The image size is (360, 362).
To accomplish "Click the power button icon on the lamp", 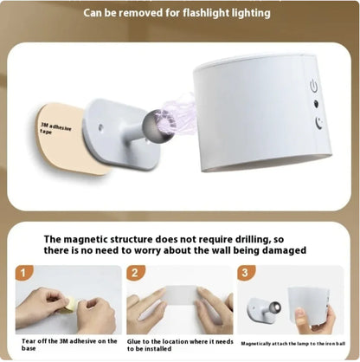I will [314, 85].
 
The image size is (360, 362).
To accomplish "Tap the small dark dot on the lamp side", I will [316, 105].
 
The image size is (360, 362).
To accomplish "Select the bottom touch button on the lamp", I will [318, 123].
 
